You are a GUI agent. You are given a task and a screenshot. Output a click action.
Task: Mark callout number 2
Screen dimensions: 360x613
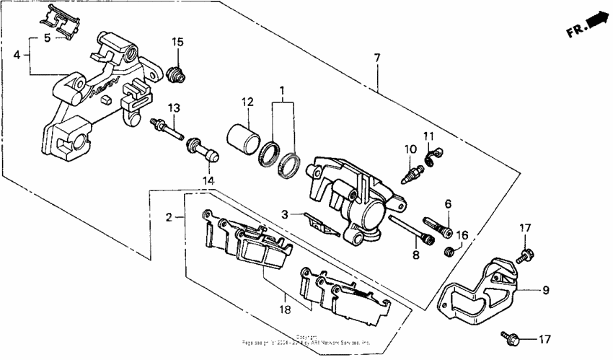pyautogui.click(x=169, y=216)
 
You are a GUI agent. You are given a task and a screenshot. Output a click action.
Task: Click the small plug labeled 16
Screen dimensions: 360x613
pyautogui.click(x=448, y=250)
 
